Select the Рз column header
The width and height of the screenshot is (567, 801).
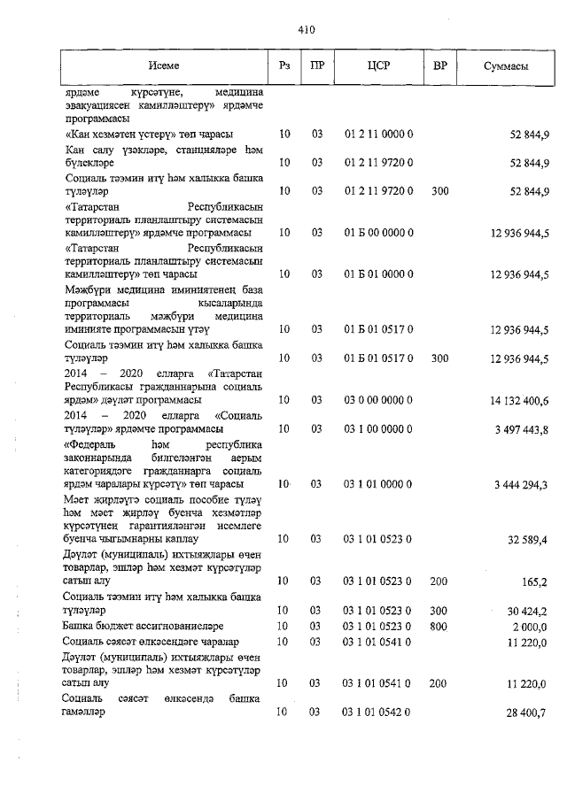pyautogui.click(x=284, y=67)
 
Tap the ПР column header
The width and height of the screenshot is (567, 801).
pyautogui.click(x=316, y=67)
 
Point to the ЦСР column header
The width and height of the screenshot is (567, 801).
pyautogui.click(x=378, y=67)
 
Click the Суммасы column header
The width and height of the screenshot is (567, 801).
pyautogui.click(x=507, y=67)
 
